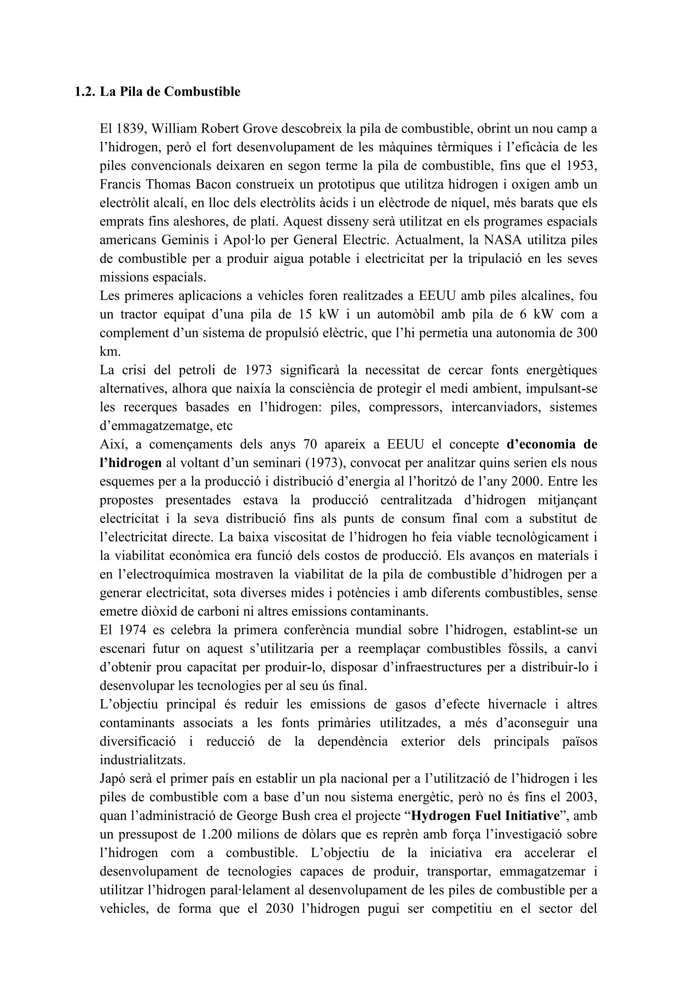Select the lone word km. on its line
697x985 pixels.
click(110, 351)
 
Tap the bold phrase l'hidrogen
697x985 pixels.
click(130, 463)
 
